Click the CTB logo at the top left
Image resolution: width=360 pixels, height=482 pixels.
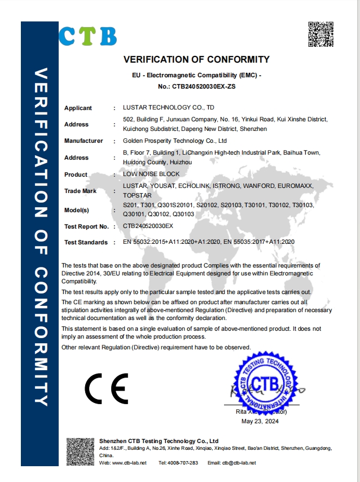88,36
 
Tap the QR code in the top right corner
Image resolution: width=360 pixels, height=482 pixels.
320,34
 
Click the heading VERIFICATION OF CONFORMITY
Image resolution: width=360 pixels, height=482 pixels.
196,59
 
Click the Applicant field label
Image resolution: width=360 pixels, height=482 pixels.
78,108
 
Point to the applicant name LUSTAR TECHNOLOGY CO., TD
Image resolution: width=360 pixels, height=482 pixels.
169,107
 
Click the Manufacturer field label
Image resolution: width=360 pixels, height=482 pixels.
84,141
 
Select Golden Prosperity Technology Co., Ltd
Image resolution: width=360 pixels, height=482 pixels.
174,141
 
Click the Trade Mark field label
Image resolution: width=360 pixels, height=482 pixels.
81,191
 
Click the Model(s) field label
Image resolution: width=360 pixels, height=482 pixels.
77,211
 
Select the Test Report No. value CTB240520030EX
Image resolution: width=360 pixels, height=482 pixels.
148,226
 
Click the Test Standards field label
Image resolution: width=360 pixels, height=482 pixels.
86,242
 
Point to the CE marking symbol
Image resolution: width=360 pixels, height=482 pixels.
106,387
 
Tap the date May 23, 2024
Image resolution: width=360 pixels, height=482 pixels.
260,421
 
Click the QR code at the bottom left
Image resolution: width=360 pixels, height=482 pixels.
80,451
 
